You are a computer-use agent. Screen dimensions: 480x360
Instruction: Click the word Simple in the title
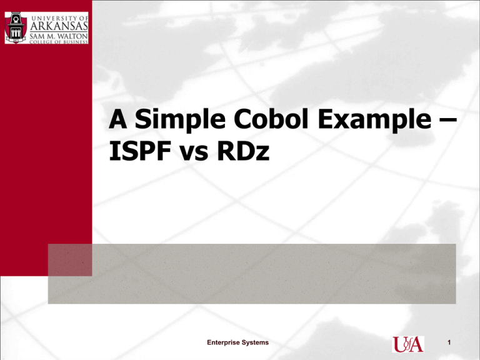tap(180, 119)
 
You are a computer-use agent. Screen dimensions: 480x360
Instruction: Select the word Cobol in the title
tap(271, 119)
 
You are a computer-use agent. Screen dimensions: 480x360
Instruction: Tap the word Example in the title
tap(375, 120)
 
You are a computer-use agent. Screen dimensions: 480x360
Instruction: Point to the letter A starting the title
tap(118, 119)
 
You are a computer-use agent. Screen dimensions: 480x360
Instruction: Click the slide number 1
tap(449, 342)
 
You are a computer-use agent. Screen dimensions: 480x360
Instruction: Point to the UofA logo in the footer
tap(408, 344)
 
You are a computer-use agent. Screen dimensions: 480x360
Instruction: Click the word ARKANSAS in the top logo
tap(59, 26)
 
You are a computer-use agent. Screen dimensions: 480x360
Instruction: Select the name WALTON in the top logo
tap(69, 36)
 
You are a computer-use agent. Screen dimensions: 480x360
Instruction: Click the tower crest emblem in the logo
tap(16, 28)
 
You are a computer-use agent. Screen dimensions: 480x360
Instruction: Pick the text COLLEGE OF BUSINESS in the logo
tap(59, 42)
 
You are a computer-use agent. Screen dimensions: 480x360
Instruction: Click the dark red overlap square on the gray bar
tap(70, 260)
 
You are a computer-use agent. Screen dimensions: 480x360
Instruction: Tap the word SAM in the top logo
tap(36, 36)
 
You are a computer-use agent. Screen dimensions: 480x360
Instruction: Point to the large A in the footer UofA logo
tap(416, 345)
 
